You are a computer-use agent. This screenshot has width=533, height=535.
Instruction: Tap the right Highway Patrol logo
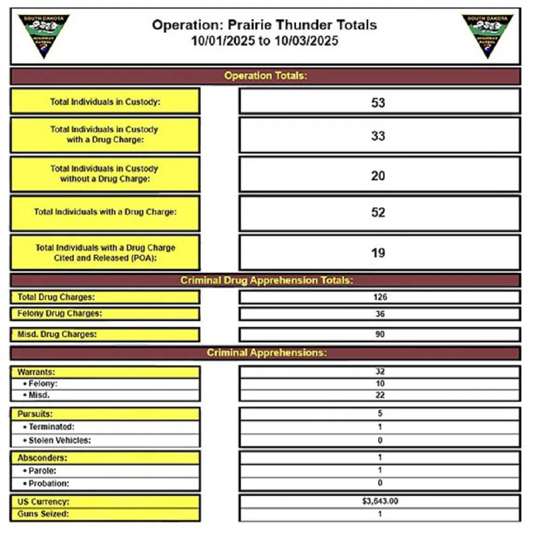(x=487, y=35)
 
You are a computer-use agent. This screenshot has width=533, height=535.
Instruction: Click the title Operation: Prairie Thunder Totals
(x=264, y=25)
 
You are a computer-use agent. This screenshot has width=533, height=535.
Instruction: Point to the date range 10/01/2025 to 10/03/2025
(x=264, y=41)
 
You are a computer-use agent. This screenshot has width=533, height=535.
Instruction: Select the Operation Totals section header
(x=265, y=76)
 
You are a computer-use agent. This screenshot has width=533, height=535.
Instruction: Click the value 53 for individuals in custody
(x=378, y=102)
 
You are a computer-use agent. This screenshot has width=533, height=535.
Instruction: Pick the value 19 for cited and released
(x=378, y=253)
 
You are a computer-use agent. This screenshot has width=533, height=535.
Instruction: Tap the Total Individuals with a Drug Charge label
(x=105, y=212)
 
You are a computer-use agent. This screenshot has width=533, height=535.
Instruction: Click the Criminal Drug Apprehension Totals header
(x=265, y=280)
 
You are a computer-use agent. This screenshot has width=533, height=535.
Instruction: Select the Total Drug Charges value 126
(x=380, y=297)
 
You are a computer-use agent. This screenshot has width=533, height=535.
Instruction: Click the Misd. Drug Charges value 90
(x=380, y=335)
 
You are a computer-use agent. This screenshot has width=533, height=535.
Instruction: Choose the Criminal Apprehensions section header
(x=265, y=353)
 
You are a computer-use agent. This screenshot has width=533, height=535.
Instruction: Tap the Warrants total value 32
(x=380, y=371)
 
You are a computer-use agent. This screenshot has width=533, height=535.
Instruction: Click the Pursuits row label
(x=35, y=414)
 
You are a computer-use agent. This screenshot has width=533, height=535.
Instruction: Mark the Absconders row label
(x=42, y=458)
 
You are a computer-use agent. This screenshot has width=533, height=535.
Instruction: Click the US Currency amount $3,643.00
(x=380, y=502)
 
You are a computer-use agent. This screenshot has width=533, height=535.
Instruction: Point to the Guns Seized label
(x=43, y=515)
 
